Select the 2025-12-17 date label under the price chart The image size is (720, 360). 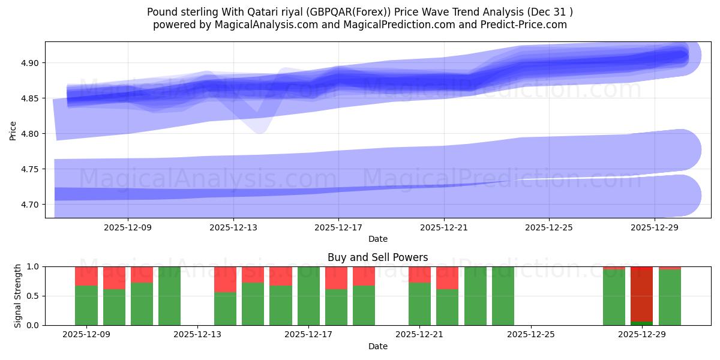[338, 227]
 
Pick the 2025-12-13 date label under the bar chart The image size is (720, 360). [197, 334]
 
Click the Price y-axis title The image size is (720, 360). [13, 130]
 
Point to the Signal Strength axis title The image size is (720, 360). [18, 296]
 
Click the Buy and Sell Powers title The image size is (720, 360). [377, 257]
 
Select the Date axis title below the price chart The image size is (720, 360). [377, 239]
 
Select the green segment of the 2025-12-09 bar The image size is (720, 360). [86, 305]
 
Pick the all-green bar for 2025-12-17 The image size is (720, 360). [308, 296]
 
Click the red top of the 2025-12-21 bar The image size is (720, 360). [419, 274]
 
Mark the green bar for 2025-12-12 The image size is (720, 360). [170, 296]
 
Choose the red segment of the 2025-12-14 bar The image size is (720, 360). [226, 279]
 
